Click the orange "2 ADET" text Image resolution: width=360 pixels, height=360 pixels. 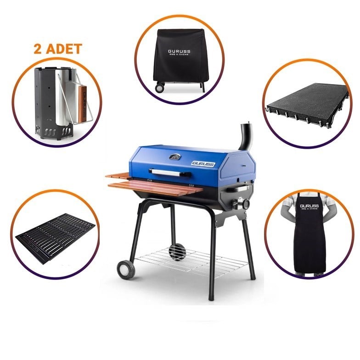pyautogui.click(x=57, y=49)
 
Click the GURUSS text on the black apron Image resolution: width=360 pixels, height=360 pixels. pyautogui.click(x=309, y=206)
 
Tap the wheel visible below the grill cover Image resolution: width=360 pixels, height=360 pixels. pyautogui.click(x=160, y=87)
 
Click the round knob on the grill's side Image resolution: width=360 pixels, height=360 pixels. pyautogui.click(x=246, y=203)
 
